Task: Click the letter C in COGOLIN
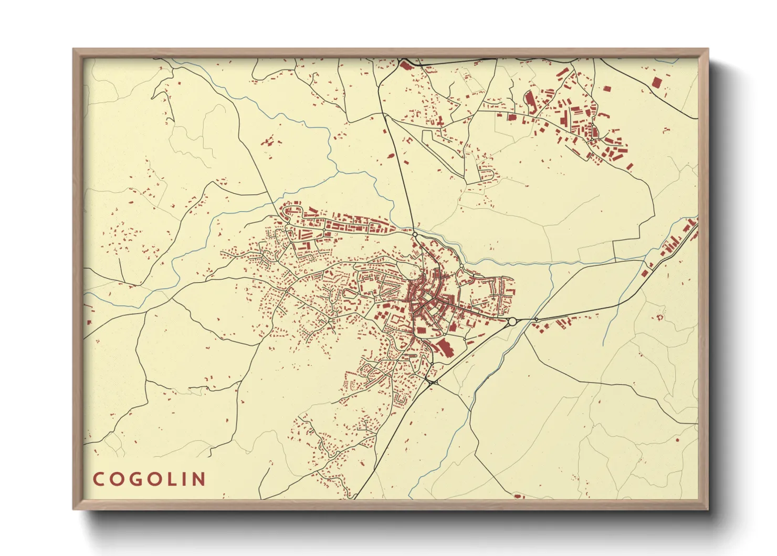click(99, 479)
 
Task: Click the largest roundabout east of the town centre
click(512, 321)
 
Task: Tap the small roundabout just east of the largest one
click(536, 320)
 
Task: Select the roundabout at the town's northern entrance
click(415, 234)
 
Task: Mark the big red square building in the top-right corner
click(656, 83)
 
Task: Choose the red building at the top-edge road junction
click(405, 66)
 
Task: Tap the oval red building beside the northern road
click(392, 156)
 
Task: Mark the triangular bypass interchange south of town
click(432, 382)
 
